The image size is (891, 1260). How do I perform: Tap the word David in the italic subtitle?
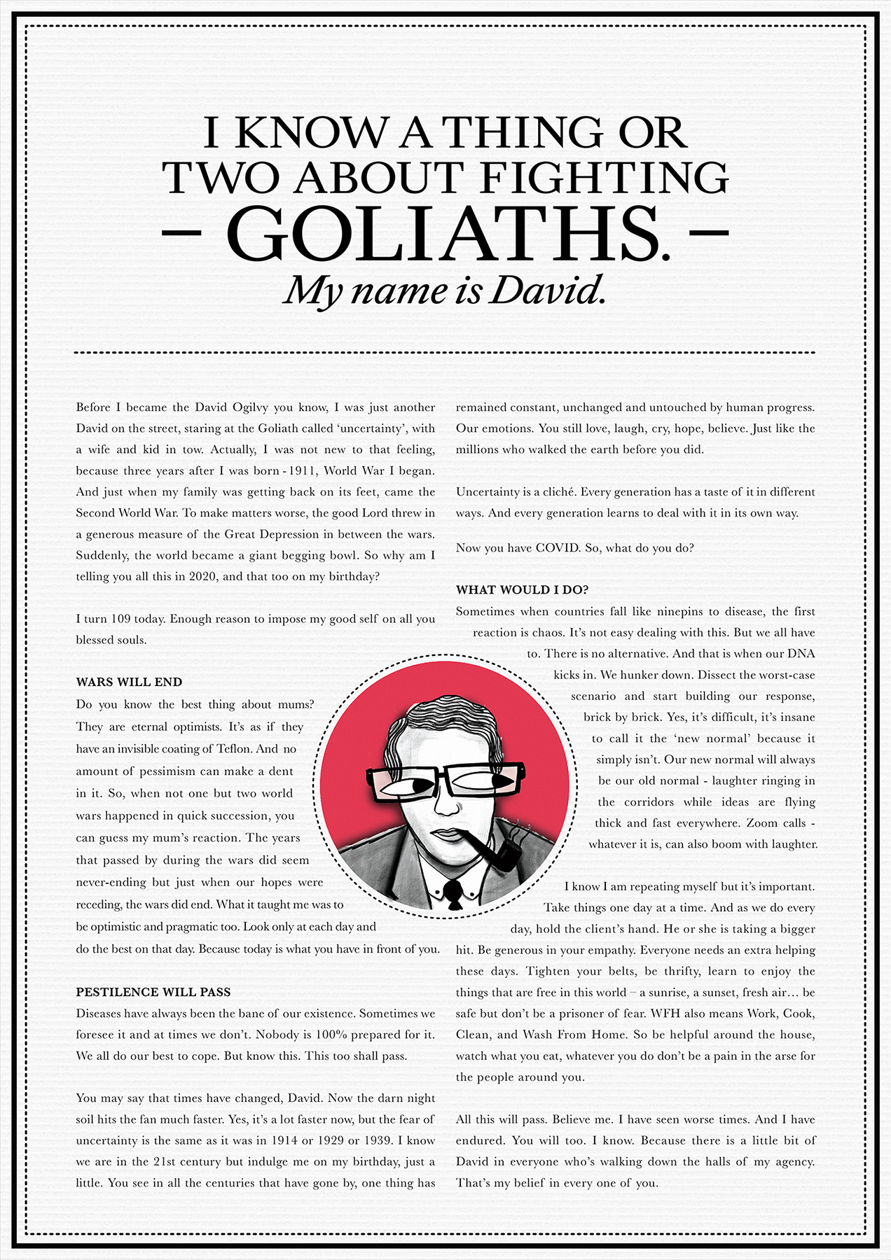tap(547, 290)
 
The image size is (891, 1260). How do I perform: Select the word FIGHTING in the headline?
tap(605, 178)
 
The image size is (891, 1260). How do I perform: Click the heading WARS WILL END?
tap(129, 682)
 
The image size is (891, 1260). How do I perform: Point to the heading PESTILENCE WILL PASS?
tap(153, 992)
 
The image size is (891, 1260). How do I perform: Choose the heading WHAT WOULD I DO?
tap(522, 589)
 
